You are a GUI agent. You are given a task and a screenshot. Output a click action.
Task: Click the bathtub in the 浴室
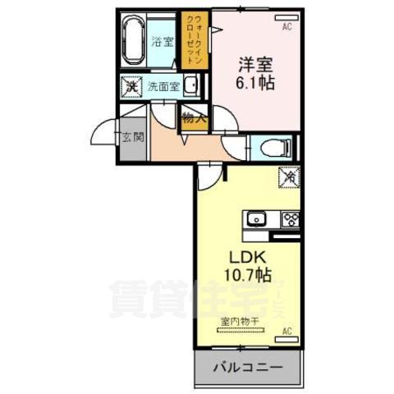(x=134, y=41)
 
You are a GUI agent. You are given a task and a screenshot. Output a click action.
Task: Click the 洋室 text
(x=255, y=63)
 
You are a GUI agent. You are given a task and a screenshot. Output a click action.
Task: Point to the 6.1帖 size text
(x=255, y=83)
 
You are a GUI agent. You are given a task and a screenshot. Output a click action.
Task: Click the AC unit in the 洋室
(x=287, y=27)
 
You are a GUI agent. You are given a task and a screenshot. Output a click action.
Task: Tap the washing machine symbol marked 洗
(x=131, y=85)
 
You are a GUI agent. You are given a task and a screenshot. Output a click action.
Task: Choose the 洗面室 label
(x=163, y=86)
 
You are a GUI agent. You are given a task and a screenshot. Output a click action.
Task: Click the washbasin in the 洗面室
(x=192, y=85)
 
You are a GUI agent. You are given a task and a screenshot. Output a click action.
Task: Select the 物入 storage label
(x=193, y=118)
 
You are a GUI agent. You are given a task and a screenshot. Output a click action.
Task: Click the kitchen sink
(x=255, y=218)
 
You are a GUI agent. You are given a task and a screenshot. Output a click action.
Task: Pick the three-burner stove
(x=290, y=218)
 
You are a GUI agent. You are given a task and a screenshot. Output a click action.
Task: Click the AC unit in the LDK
(x=287, y=331)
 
